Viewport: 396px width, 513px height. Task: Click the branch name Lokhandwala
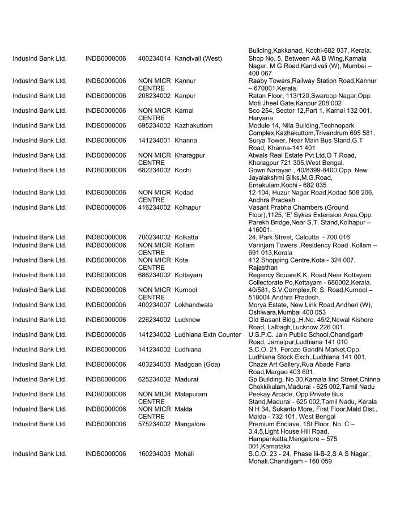click(194, 305)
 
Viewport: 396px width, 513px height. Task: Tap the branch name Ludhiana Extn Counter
click(208, 334)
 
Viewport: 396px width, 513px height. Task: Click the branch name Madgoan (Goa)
click(197, 364)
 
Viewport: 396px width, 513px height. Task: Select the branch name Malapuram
click(191, 394)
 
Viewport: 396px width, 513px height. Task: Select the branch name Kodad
click(184, 193)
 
